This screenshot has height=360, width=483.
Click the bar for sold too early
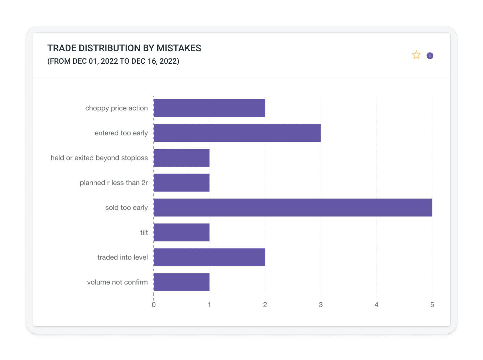tap(293, 207)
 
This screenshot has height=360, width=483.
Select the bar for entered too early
tap(237, 133)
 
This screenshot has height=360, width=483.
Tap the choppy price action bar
tap(209, 108)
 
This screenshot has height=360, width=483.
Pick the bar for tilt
tap(181, 232)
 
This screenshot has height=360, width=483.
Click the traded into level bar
tap(209, 257)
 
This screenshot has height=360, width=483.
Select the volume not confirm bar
tap(181, 282)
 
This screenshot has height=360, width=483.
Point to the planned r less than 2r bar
tap(181, 183)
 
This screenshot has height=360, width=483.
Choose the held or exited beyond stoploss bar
tap(181, 158)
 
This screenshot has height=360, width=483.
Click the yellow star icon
tap(416, 55)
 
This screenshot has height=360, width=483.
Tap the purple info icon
tap(430, 56)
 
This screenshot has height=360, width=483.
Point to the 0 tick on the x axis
tap(154, 305)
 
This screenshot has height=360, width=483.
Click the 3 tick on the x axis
tap(321, 305)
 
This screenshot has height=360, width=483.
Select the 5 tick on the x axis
tap(432, 305)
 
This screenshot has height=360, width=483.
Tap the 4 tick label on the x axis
tap(376, 305)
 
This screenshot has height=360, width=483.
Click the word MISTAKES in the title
tap(179, 48)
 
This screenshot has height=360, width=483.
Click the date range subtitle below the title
tap(113, 61)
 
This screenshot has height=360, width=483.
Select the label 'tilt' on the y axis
tap(144, 232)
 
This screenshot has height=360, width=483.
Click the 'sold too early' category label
tap(126, 207)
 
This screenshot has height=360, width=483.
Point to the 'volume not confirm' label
tap(117, 282)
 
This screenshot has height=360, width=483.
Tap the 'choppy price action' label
tap(117, 108)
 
